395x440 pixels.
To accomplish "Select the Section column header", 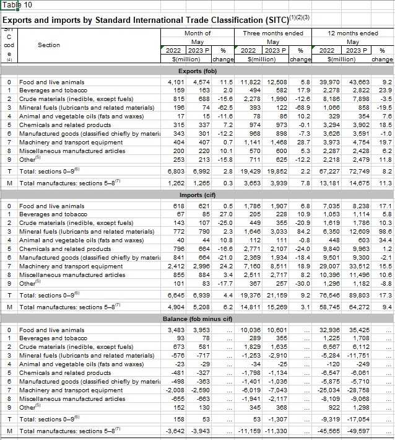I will (x=49, y=45).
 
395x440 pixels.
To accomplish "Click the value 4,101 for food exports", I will (x=176, y=82).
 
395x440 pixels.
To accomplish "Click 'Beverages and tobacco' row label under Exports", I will (x=52, y=90).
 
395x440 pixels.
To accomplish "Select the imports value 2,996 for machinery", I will (x=202, y=266).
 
